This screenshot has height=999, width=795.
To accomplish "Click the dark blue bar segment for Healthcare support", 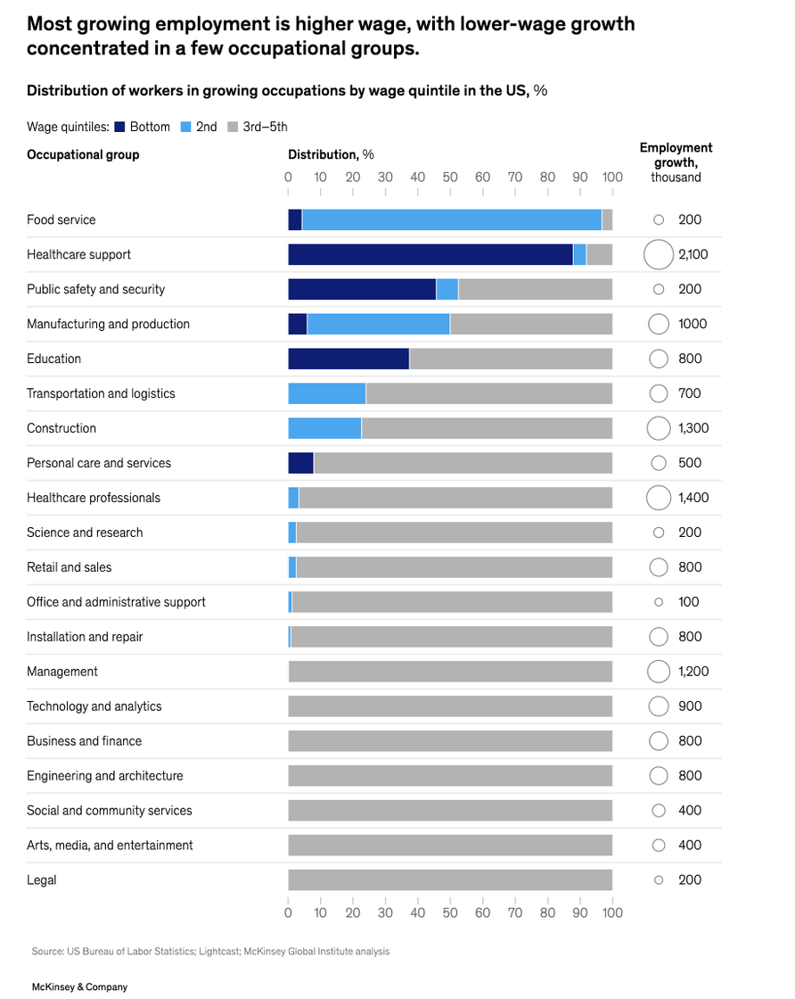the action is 430,254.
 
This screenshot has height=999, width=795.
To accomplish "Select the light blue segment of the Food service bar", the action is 451,219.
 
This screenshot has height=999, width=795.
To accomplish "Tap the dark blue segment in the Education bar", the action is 348,359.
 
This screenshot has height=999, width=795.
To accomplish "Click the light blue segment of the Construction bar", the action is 324,428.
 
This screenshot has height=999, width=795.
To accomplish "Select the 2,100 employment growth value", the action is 693,254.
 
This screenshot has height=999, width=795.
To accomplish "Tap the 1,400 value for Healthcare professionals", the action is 693,498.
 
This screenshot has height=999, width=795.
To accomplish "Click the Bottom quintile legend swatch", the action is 119,127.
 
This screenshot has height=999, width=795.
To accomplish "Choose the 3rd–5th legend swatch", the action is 233,127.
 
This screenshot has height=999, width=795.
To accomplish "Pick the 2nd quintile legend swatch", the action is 186,127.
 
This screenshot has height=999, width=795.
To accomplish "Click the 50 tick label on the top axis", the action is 450,178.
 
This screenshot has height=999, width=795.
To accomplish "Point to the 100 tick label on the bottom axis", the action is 612,912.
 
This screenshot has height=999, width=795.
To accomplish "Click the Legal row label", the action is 41,879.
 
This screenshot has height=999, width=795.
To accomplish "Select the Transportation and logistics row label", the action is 101,393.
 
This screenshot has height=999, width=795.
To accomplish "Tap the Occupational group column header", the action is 83,154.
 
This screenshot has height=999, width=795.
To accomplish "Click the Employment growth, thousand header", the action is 676,162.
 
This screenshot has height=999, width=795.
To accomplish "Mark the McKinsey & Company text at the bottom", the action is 79,987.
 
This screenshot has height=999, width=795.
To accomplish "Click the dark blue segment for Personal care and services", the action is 301,463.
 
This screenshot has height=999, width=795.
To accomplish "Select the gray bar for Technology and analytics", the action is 450,706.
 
